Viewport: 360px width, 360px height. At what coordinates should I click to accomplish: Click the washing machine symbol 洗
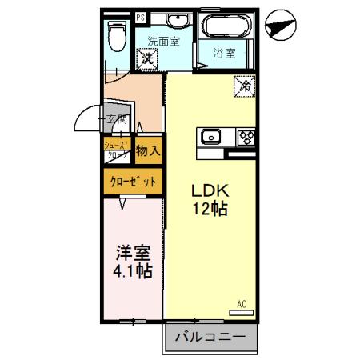147,58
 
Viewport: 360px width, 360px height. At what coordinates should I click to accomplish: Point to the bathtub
226,27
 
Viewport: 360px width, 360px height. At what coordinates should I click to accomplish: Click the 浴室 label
225,54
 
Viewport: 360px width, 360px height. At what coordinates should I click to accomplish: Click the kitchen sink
211,136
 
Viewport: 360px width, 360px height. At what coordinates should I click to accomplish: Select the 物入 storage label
147,150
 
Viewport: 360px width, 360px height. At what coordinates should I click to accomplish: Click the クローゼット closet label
133,182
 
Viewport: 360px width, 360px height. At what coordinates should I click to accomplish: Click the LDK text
210,192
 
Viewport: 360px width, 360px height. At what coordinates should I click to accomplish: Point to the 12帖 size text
210,210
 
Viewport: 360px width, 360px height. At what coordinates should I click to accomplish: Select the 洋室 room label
133,252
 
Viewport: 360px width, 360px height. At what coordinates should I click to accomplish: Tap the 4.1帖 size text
133,270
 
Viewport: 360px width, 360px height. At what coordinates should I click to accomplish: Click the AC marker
242,303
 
